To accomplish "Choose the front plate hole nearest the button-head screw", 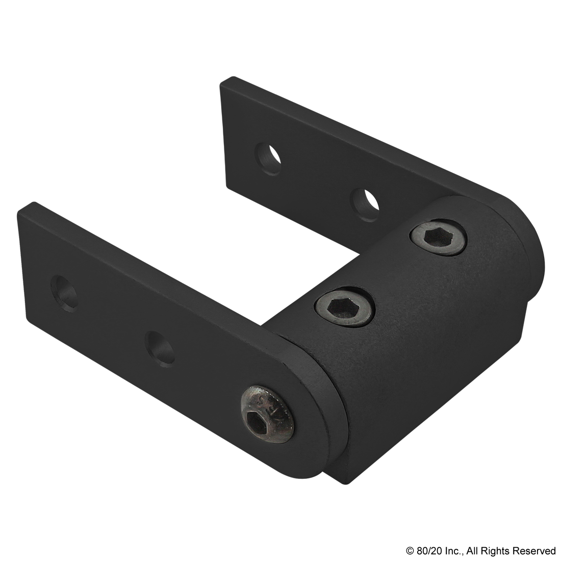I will point(158,349).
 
